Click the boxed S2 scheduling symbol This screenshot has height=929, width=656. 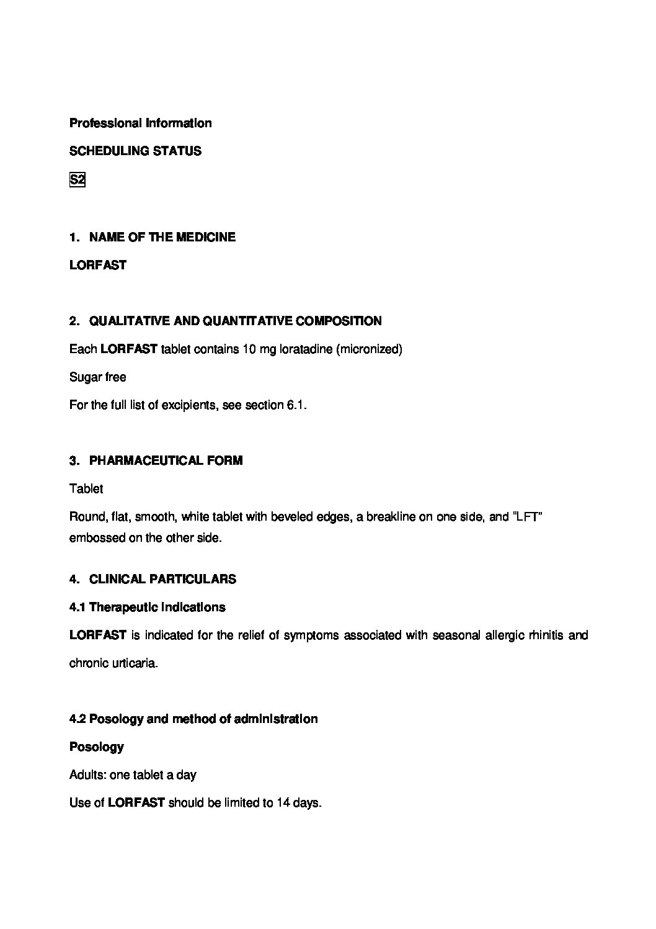(x=77, y=180)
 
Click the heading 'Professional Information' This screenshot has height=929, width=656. (x=140, y=123)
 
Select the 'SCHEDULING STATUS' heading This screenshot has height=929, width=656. (x=135, y=151)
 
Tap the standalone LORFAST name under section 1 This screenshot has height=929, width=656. (x=98, y=265)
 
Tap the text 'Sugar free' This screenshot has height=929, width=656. (x=97, y=377)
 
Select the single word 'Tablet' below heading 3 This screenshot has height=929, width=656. (x=86, y=488)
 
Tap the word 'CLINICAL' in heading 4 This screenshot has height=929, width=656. (x=116, y=579)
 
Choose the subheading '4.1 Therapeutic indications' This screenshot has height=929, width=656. (x=147, y=607)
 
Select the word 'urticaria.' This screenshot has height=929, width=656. (x=135, y=663)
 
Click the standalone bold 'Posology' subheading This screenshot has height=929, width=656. (x=97, y=747)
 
